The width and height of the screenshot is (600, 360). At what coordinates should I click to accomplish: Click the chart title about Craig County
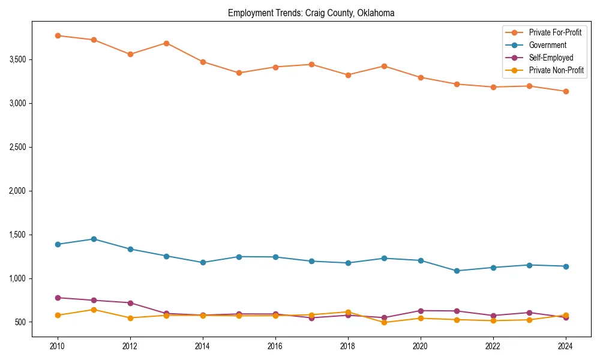(x=311, y=13)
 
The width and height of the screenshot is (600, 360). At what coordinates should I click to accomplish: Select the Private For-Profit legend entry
(x=555, y=32)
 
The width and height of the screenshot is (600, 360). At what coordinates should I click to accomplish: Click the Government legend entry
(x=547, y=45)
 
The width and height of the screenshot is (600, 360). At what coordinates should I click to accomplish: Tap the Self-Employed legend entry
(x=551, y=58)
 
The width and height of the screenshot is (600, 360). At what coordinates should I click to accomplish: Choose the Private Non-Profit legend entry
(x=556, y=70)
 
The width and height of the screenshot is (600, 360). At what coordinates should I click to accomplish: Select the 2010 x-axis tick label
(x=58, y=346)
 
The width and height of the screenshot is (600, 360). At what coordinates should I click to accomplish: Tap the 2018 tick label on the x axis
(x=347, y=346)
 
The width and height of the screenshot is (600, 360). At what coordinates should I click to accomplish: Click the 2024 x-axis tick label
(x=565, y=346)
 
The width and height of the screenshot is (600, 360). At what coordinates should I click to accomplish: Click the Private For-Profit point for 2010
(x=58, y=35)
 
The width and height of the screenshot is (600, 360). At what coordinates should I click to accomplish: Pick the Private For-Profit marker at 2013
(x=166, y=43)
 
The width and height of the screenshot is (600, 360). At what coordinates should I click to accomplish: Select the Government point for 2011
(x=94, y=239)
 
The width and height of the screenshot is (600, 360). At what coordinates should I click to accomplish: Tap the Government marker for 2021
(x=457, y=271)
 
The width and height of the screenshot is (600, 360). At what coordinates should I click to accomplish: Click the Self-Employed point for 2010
(x=58, y=298)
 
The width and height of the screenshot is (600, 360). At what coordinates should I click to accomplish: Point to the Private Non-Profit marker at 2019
(x=384, y=322)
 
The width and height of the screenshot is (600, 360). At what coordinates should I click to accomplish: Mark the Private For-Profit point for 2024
(x=565, y=91)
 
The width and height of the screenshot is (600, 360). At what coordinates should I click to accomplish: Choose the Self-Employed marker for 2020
(x=420, y=311)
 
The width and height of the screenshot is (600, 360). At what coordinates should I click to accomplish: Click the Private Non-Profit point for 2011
(x=94, y=310)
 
